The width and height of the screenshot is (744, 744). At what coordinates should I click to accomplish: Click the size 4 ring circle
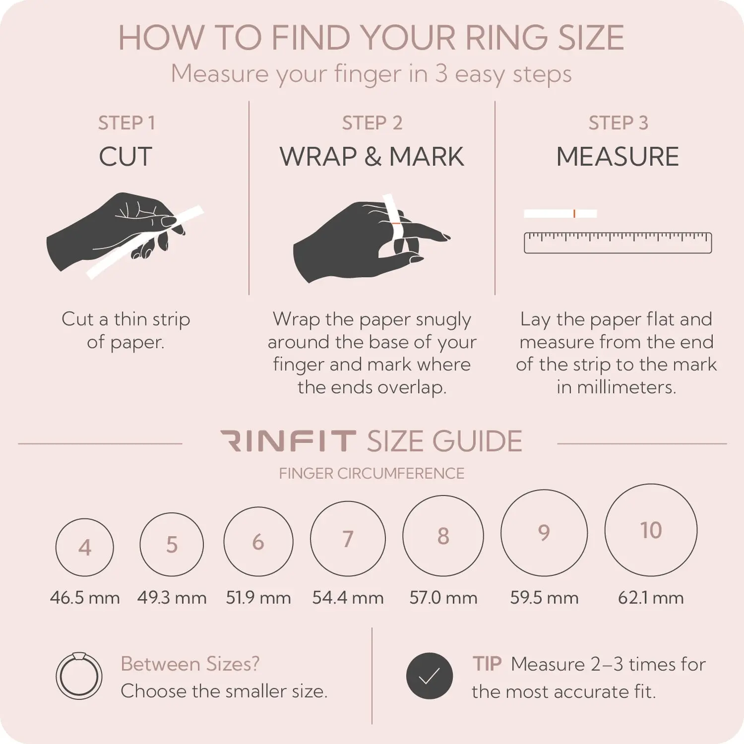(x=56, y=547)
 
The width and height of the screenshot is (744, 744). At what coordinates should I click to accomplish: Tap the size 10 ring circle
(x=605, y=530)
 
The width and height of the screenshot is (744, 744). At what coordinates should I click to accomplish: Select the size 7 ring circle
(x=311, y=539)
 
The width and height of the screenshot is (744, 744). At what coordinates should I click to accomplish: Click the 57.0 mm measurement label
(x=443, y=598)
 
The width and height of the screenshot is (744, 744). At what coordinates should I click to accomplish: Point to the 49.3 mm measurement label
(x=172, y=598)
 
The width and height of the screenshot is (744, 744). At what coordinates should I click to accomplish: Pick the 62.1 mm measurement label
(x=651, y=598)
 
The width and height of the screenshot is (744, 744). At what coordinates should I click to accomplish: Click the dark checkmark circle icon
(x=430, y=676)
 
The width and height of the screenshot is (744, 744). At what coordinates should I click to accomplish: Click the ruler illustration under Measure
(x=618, y=243)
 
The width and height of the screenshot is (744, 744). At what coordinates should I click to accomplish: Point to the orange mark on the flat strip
(x=574, y=214)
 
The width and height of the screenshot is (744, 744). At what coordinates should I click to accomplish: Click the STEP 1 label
(x=126, y=123)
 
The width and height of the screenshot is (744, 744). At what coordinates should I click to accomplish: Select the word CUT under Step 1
(x=125, y=157)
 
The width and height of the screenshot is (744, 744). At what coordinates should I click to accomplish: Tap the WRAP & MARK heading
(x=372, y=157)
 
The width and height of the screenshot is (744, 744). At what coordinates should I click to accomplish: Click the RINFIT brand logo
(x=288, y=441)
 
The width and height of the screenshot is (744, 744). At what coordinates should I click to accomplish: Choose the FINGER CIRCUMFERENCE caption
(x=372, y=473)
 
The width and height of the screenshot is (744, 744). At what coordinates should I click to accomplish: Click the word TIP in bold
(x=487, y=664)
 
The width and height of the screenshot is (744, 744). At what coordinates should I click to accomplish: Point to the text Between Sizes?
(x=190, y=664)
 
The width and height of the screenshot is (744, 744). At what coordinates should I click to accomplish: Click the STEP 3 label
(x=618, y=123)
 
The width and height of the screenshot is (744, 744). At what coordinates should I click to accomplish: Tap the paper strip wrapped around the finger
(x=396, y=223)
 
